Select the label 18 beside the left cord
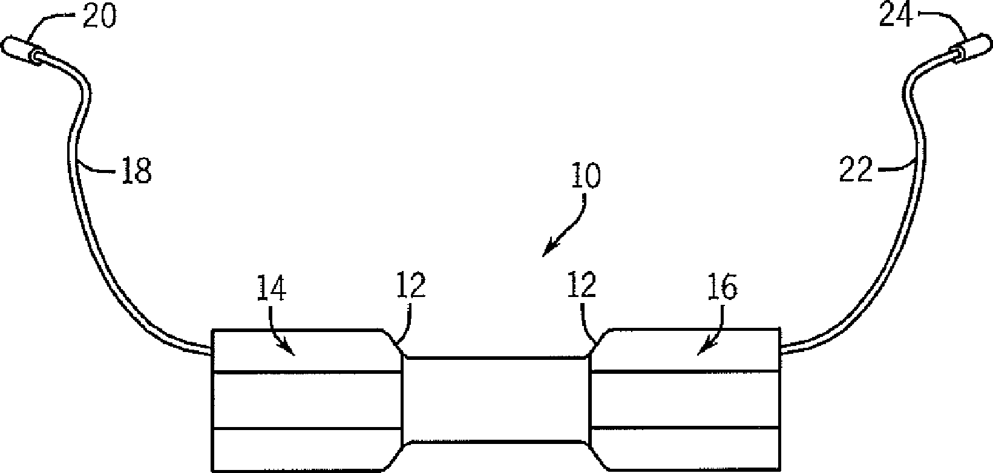[137, 171]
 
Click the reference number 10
[585, 176]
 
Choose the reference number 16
[723, 288]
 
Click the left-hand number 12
[410, 285]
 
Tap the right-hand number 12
[582, 285]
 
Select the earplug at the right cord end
[972, 47]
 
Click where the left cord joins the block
[212, 350]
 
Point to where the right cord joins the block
[781, 349]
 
